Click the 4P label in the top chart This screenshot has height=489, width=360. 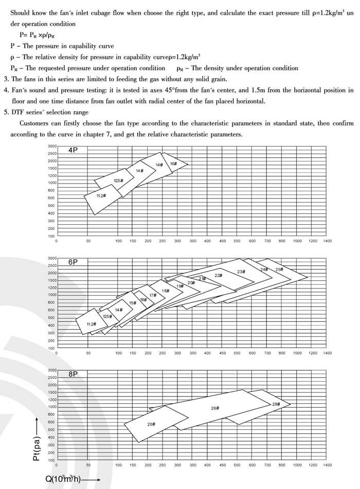[73, 151]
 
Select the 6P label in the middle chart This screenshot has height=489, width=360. [73, 262]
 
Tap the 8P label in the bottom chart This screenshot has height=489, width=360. [73, 374]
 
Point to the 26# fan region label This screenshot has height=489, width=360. [215, 408]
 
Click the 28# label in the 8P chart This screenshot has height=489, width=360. [276, 404]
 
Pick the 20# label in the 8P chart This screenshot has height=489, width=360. [151, 424]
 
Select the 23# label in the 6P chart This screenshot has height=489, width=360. [241, 271]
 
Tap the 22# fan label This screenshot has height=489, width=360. [218, 276]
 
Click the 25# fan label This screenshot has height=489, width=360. [279, 269]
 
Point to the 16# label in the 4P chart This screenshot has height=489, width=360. [173, 164]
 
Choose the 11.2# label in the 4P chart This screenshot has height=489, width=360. [101, 196]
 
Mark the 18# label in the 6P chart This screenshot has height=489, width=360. [165, 291]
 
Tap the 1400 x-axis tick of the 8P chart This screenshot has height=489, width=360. [327, 465]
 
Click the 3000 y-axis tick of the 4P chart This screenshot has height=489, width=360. [52, 147]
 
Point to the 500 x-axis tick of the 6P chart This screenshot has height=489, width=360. [237, 353]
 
